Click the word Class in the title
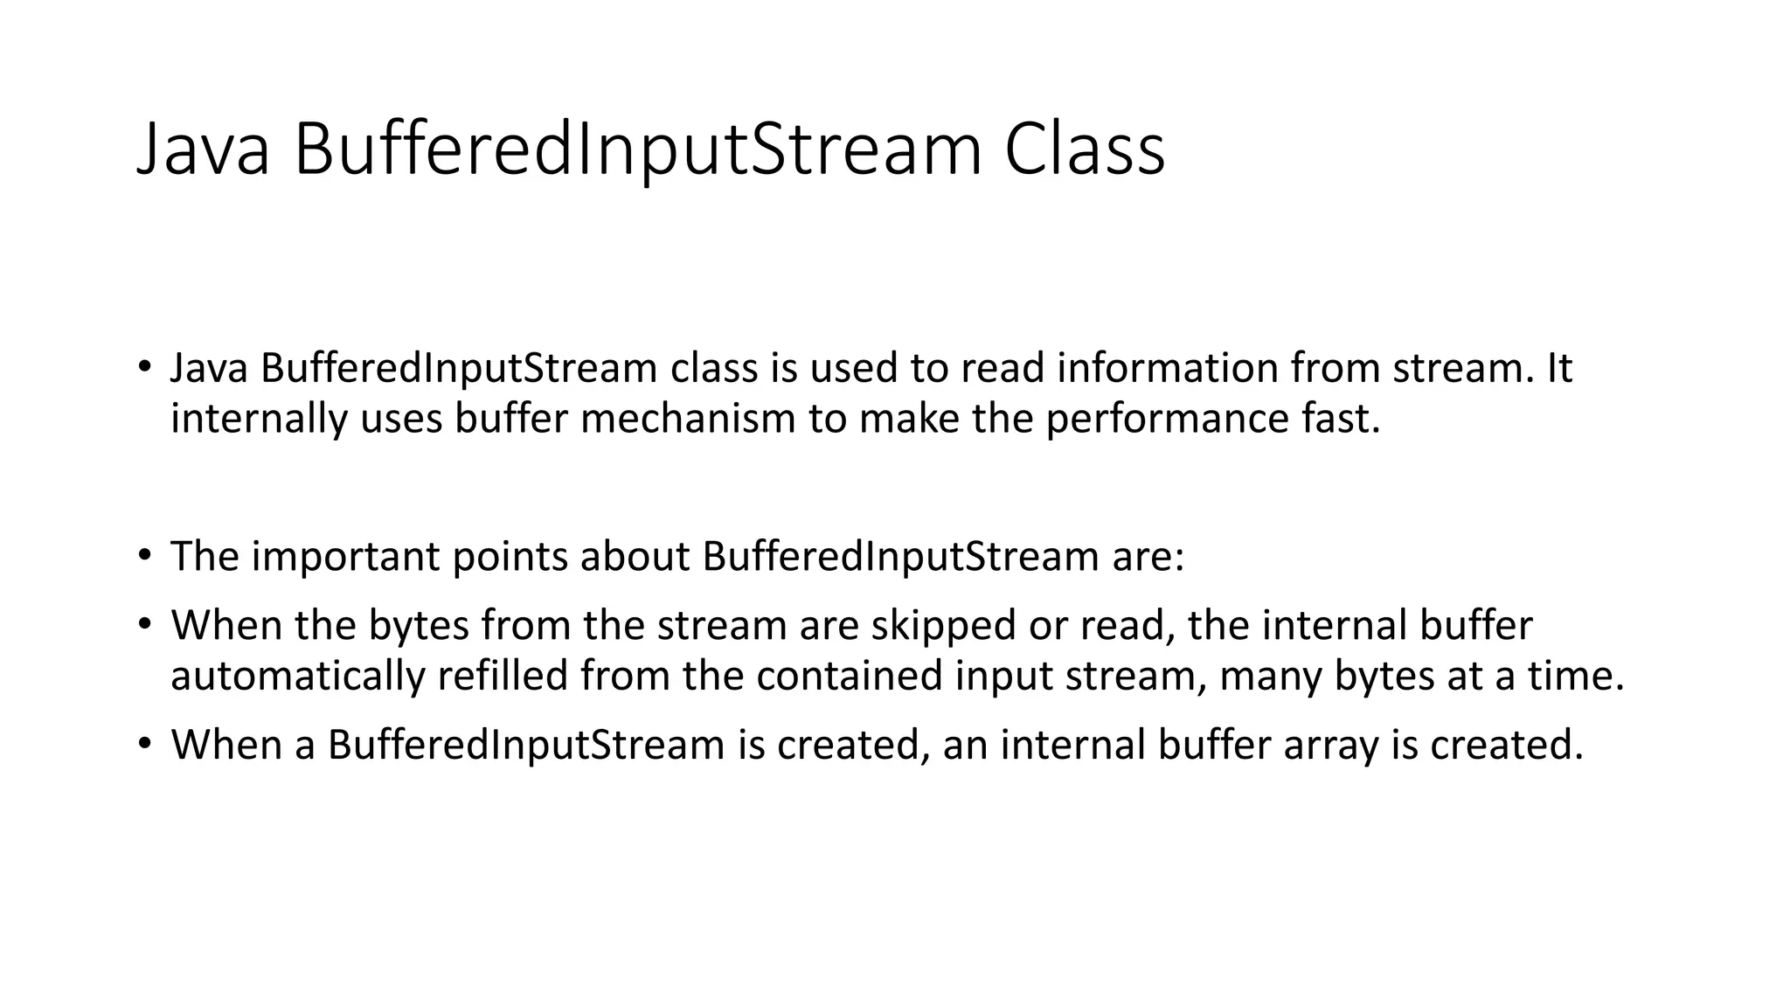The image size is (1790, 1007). pyautogui.click(x=1084, y=149)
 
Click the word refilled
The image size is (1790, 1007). pyautogui.click(x=503, y=677)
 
